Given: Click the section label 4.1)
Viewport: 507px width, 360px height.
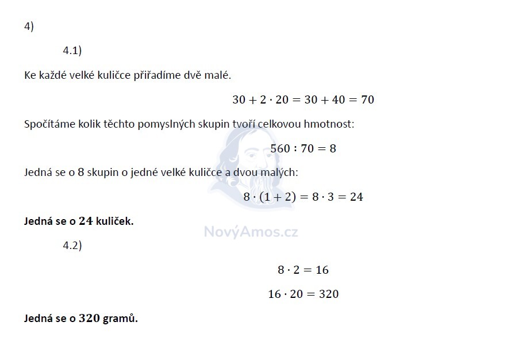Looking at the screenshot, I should click(72, 51).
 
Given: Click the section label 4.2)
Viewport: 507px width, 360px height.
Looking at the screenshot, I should click(72, 246).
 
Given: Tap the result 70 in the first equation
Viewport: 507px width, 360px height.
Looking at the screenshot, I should click(367, 99).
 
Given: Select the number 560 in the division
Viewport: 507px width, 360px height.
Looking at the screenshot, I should click(281, 148).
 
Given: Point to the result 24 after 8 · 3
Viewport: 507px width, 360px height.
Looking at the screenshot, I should click(356, 197).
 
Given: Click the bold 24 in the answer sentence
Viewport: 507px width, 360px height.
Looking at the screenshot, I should click(86, 221).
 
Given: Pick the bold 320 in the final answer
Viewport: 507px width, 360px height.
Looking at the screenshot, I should click(90, 318).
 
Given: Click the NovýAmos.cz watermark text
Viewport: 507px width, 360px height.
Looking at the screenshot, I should click(251, 232).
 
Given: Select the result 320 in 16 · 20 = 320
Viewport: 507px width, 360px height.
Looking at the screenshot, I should click(328, 294).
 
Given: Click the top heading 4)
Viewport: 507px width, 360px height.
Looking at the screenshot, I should click(29, 26).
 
